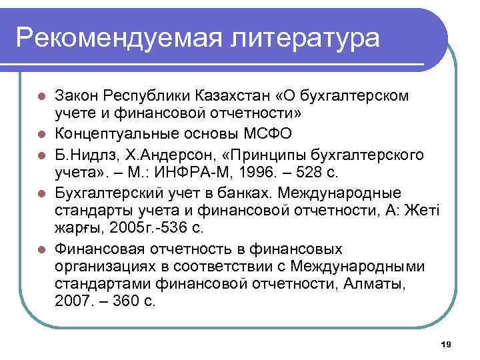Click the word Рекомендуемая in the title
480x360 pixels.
point(114,37)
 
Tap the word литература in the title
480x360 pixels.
point(303,37)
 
